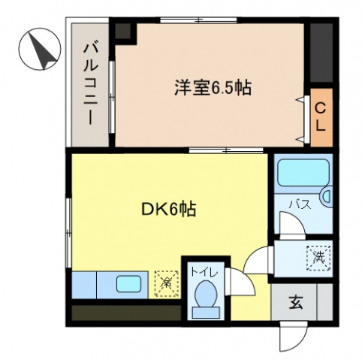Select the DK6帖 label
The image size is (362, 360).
pos(168,210)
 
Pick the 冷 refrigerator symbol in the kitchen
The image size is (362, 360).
pos(165,283)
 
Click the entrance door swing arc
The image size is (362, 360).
pos(292,337)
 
